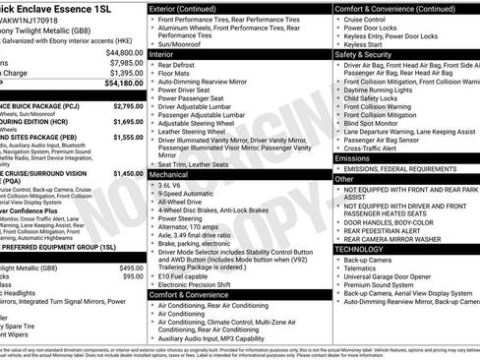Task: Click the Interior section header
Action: click(x=163, y=54)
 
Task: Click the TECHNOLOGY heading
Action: click(x=362, y=249)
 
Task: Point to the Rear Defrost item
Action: click(x=187, y=66)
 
